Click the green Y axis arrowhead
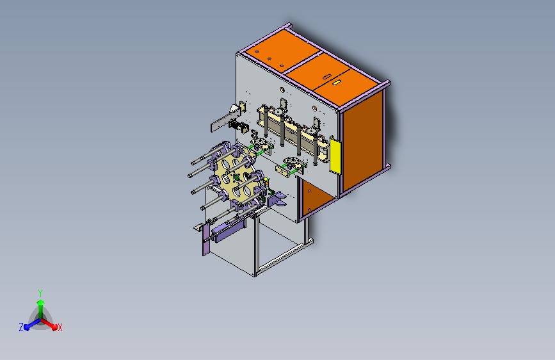[41, 302]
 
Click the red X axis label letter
[60, 328]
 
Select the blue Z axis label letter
[21, 327]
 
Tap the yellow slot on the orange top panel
[336, 83]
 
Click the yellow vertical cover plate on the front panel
[335, 156]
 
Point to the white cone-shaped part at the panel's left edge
[234, 108]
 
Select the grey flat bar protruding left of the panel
[225, 120]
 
